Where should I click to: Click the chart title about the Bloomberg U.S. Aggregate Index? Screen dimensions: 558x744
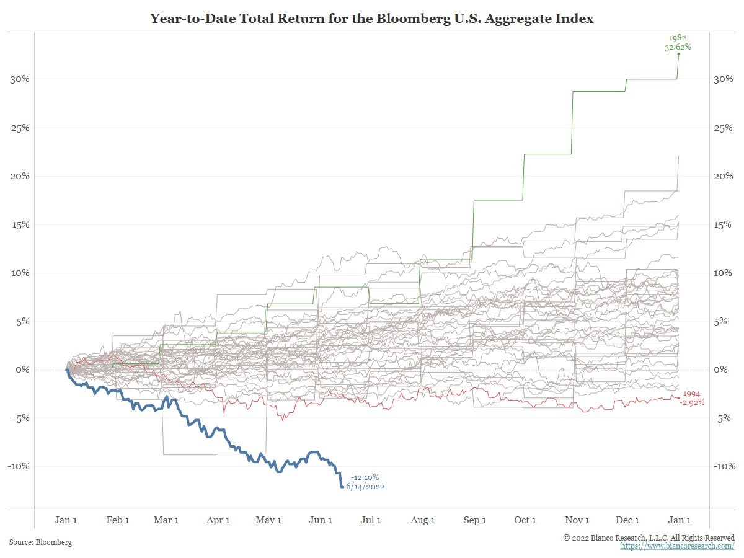pos(372,19)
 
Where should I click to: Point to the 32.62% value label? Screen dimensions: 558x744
pos(678,46)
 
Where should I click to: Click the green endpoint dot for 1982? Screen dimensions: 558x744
pos(678,54)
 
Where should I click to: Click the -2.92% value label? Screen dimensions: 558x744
pos(692,402)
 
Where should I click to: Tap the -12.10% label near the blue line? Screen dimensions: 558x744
pos(365,477)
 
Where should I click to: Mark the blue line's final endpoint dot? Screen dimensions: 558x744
pos(342,487)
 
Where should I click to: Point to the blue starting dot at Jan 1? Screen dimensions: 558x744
pos(67,370)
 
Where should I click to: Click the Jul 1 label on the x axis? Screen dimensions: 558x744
pos(371,520)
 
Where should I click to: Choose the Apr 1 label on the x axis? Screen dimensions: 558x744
pos(218,520)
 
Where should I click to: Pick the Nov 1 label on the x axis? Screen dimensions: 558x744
pos(577,520)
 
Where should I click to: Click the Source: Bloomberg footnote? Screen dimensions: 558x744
pos(40,542)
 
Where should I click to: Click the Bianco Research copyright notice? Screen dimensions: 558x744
pos(649,538)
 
